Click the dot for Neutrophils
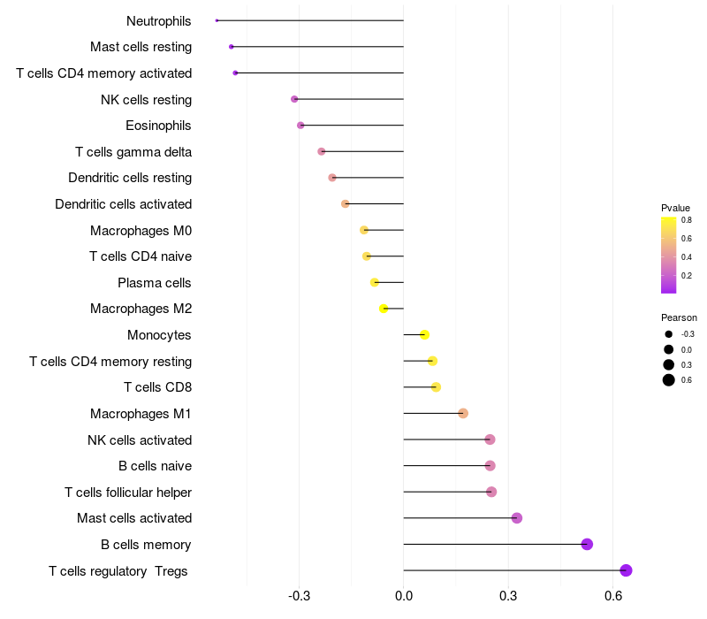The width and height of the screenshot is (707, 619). click(217, 20)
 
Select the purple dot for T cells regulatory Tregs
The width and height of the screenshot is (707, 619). click(626, 570)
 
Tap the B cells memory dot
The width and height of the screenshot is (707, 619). click(587, 544)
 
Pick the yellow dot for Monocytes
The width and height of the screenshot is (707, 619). click(424, 335)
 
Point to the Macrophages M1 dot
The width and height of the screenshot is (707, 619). click(463, 413)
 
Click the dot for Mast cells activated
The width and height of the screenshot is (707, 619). click(517, 518)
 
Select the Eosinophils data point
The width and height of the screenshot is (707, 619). click(300, 125)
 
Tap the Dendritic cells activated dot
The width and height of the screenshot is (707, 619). click(346, 204)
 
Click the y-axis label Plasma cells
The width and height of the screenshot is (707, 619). click(154, 283)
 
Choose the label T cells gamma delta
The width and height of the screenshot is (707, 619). click(133, 152)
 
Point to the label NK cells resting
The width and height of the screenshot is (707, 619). click(146, 100)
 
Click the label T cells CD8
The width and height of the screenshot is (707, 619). click(158, 387)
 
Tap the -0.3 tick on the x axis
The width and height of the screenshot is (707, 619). click(299, 596)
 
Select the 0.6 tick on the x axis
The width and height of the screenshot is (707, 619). click(613, 596)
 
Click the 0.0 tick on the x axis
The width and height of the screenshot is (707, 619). click(404, 596)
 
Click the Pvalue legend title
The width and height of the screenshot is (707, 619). click(675, 208)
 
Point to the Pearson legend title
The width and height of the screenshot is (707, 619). click(679, 317)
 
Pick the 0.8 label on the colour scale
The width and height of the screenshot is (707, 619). click(687, 220)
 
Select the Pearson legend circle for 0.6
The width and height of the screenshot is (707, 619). click(669, 380)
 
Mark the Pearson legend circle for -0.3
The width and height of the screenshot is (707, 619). click(669, 334)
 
